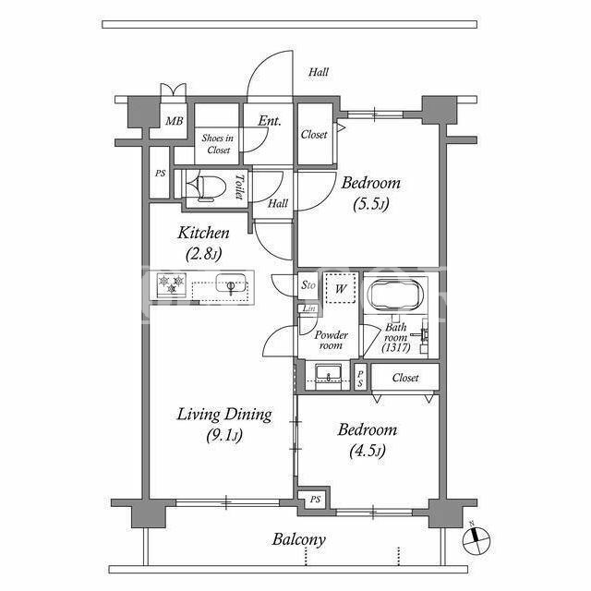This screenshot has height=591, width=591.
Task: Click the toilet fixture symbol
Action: coord(207,187)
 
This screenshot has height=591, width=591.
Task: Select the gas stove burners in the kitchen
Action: coord(172,283)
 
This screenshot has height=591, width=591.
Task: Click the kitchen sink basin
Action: coord(231,283)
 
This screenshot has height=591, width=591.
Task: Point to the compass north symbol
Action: coord(476,537)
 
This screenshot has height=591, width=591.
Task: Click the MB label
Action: coord(175,121)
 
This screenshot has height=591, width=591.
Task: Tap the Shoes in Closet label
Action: coord(218,144)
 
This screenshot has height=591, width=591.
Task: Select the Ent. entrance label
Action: coord(270,121)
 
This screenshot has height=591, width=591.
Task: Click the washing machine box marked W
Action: coord(341,287)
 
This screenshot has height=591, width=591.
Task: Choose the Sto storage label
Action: coord(308,285)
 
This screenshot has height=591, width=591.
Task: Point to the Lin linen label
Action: coord(308,308)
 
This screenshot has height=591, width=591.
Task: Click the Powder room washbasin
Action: coord(329,373)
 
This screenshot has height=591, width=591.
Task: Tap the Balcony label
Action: coord(299,539)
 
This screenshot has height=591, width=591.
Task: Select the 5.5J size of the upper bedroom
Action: coord(371,204)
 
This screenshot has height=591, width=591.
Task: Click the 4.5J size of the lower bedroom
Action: coord(368,451)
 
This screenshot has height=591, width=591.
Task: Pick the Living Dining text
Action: coord(224,415)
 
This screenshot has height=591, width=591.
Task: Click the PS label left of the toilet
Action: coord(160,174)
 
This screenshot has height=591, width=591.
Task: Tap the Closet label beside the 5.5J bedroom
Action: coord(314,134)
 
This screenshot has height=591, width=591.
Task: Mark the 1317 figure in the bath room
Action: coord(396,347)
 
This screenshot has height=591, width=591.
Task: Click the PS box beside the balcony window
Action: coord(315,500)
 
